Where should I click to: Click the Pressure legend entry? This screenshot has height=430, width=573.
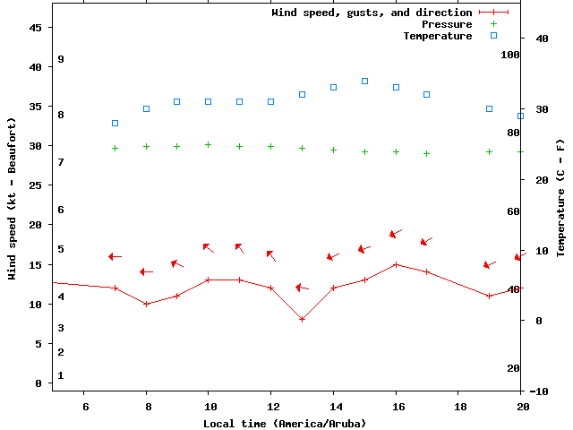point(446,24)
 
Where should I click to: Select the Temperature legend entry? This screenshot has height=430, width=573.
point(437,36)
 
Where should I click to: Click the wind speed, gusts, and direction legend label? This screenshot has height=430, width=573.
point(372,13)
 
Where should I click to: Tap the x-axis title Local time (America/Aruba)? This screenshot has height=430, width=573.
point(285,423)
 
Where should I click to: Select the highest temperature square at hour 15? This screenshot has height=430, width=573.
point(364,81)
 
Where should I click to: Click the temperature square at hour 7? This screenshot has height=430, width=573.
point(115,123)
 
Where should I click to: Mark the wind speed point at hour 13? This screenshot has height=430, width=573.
point(302,319)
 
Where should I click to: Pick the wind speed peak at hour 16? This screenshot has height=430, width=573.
point(396,264)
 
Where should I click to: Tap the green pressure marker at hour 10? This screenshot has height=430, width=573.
point(208,144)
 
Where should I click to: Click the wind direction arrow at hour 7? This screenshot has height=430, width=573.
point(115,256)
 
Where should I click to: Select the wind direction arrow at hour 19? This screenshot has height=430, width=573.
point(489,264)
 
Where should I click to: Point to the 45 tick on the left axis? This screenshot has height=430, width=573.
point(36,28)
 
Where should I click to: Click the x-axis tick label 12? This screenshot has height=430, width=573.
point(270,406)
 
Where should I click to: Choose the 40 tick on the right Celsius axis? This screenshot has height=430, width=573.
point(541,39)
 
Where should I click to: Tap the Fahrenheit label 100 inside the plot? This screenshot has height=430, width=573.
point(511,55)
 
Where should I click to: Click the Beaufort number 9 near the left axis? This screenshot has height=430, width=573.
point(61,59)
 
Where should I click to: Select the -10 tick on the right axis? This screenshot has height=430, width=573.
point(539,391)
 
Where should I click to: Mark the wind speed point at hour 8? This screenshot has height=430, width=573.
point(146,304)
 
